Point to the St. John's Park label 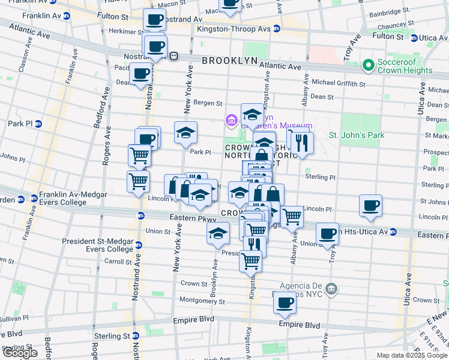[x=357, y=135]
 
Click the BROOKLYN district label [x=229, y=61]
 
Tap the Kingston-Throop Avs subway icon [x=276, y=28]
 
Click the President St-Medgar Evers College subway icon [x=138, y=245]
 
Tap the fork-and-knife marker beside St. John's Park [x=302, y=143]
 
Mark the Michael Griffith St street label [x=338, y=83]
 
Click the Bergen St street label [x=208, y=103]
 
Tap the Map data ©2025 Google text [x=411, y=355]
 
